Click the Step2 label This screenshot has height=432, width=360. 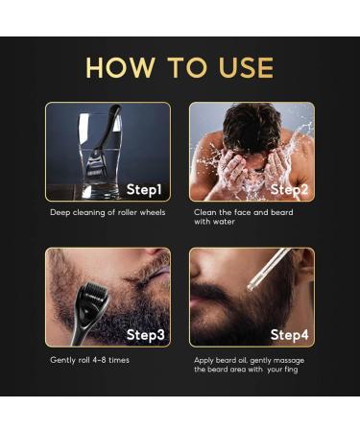[x=289, y=188]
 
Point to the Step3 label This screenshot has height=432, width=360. [x=146, y=334]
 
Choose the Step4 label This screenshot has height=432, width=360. [x=289, y=334]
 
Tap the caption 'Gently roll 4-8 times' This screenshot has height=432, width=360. [x=89, y=359]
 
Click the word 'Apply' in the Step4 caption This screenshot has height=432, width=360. [x=204, y=359]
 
